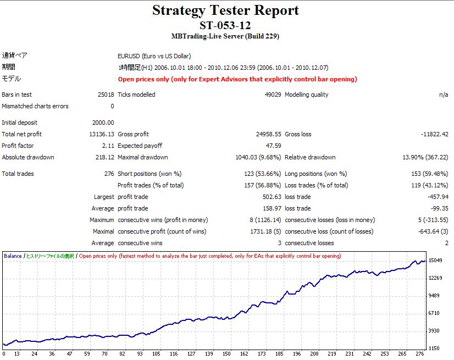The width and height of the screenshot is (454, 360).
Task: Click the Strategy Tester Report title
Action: tap(225, 10)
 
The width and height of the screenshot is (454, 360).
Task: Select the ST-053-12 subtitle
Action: tap(225, 25)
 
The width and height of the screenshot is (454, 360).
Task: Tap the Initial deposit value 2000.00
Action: tap(103, 123)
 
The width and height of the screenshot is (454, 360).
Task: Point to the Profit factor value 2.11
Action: tap(108, 146)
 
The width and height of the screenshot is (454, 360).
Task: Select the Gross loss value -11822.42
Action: tap(433, 134)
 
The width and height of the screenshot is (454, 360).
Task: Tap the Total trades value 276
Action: tap(109, 174)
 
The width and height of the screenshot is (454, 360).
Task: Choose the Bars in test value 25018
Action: tap(106, 95)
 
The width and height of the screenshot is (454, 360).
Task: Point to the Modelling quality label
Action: tap(306, 95)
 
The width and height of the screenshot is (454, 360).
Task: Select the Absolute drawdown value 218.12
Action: tap(104, 157)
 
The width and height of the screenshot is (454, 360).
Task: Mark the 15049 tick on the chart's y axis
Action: tap(436, 261)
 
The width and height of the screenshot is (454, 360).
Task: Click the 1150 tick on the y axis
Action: tap(434, 348)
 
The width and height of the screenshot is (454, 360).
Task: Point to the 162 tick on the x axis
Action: tap(244, 355)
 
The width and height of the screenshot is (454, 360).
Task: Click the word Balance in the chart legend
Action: tap(13, 256)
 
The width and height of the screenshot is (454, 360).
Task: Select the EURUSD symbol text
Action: tap(129, 56)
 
